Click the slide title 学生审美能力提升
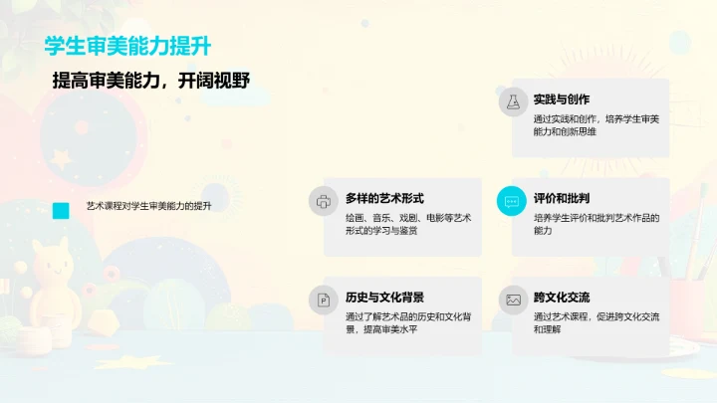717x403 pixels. point(127,47)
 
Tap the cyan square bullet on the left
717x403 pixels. point(61,210)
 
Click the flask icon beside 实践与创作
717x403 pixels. point(512,101)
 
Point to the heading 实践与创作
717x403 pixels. point(562,100)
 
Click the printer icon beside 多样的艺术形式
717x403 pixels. point(324,200)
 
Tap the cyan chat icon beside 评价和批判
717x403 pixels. point(512,200)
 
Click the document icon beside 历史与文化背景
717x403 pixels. point(324,299)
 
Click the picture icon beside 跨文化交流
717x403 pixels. point(512,299)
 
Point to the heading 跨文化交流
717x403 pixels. point(562,297)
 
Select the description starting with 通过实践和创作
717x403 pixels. point(596,125)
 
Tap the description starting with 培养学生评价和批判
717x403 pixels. point(596,224)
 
